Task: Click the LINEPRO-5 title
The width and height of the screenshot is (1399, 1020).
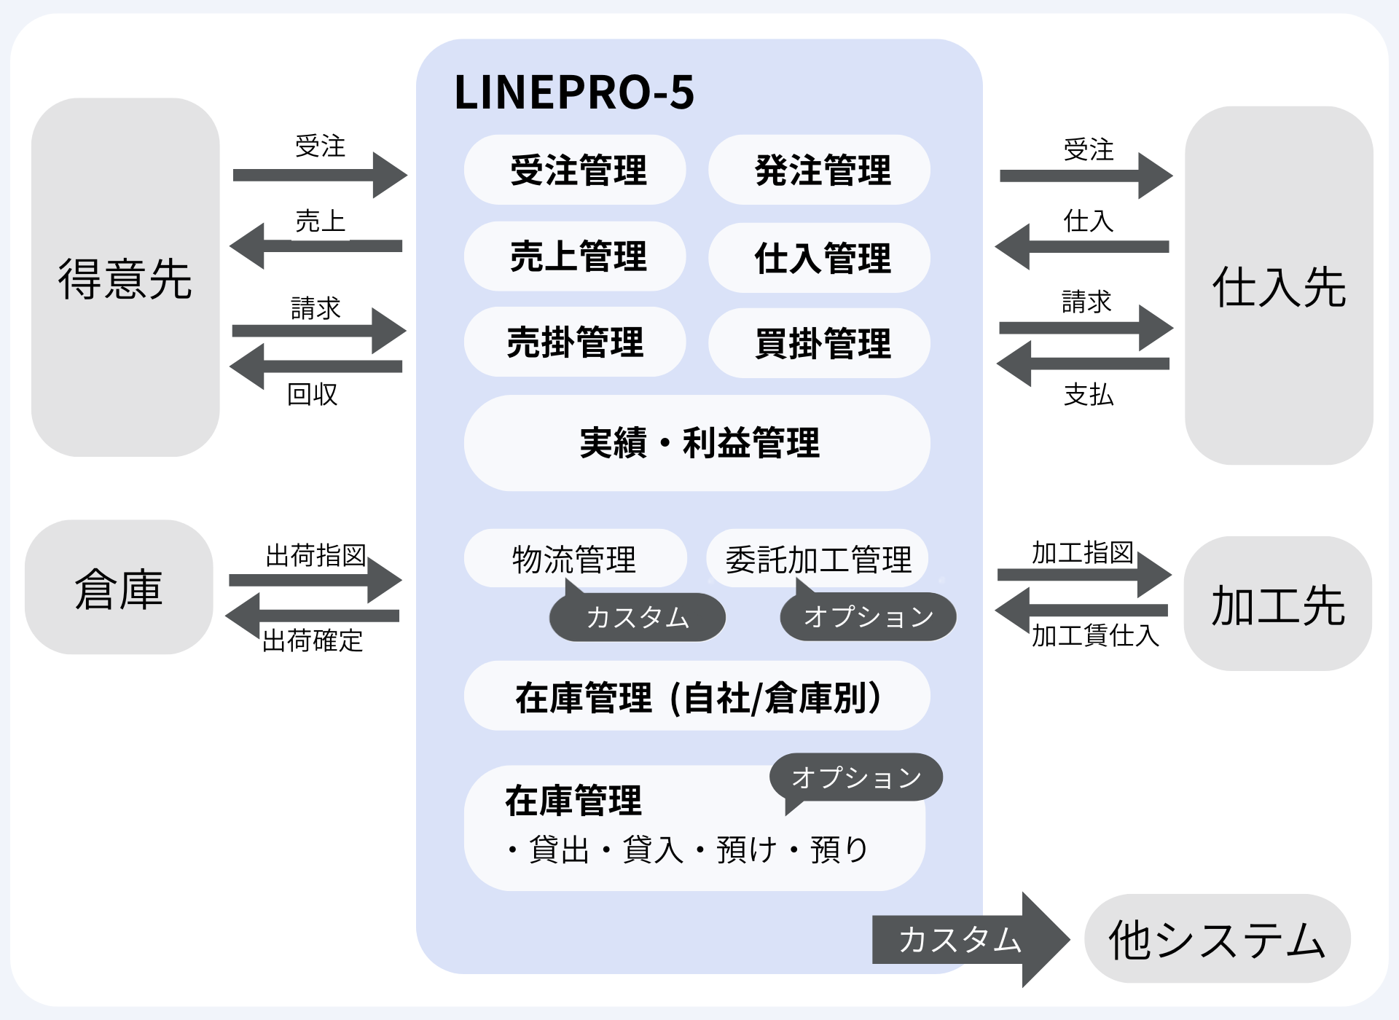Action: (x=574, y=93)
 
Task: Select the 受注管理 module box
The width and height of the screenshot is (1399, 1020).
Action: (x=575, y=170)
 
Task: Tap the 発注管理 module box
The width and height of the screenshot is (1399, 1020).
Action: (x=819, y=170)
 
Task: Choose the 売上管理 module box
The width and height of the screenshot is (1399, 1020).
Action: (x=575, y=256)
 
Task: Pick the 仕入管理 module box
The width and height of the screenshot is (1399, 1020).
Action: (x=819, y=258)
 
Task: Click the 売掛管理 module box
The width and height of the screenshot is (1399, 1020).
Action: (x=575, y=342)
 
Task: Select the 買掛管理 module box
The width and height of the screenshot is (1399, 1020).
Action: (x=819, y=343)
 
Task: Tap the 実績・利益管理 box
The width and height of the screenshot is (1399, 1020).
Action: (x=697, y=443)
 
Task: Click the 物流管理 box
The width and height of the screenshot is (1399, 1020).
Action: (x=575, y=558)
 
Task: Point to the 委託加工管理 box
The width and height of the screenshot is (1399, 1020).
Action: (x=817, y=559)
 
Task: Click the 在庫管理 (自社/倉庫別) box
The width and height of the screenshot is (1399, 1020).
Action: (x=697, y=697)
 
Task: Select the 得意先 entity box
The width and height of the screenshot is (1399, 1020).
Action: (x=125, y=278)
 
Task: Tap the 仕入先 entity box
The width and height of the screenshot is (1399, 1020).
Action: (x=1279, y=286)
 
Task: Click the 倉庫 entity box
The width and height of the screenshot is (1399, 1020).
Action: (x=119, y=587)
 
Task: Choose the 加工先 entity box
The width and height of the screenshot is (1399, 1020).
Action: (x=1277, y=604)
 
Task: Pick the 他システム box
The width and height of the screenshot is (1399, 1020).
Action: (x=1217, y=939)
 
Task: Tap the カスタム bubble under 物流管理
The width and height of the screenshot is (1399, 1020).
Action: (x=638, y=618)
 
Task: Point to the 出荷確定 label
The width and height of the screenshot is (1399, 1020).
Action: (x=313, y=641)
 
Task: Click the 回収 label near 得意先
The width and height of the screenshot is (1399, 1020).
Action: (x=313, y=394)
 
